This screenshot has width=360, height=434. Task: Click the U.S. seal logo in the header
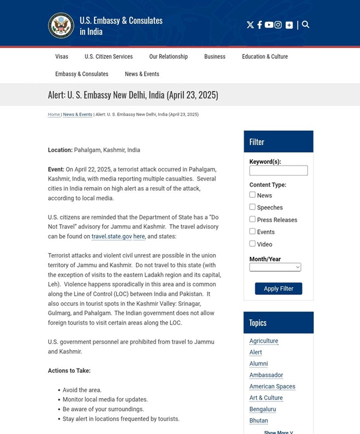click(x=61, y=25)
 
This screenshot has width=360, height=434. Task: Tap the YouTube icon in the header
click(x=269, y=25)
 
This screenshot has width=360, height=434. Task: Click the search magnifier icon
click(x=306, y=24)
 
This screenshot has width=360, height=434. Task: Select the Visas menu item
click(x=62, y=57)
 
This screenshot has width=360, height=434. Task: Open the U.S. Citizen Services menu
click(x=108, y=57)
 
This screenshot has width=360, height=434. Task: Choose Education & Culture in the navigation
click(x=264, y=57)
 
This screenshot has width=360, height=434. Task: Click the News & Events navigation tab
click(x=142, y=74)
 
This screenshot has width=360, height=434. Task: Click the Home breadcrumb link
click(x=54, y=114)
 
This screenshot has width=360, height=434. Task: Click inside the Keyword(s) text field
click(x=278, y=171)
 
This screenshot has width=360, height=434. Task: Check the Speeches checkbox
click(x=252, y=207)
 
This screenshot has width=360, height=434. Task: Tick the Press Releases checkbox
click(x=252, y=219)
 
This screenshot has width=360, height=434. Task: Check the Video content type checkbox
click(x=252, y=244)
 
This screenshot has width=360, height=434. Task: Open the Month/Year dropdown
click(x=275, y=267)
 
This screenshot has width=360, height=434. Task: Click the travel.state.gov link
click(x=112, y=237)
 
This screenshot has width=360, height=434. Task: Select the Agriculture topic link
click(x=263, y=341)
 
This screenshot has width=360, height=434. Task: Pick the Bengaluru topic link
click(x=262, y=409)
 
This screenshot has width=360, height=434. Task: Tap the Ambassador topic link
click(x=266, y=375)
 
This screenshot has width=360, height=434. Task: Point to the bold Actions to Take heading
click(x=69, y=371)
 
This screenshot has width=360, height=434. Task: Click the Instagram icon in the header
click(x=278, y=25)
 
